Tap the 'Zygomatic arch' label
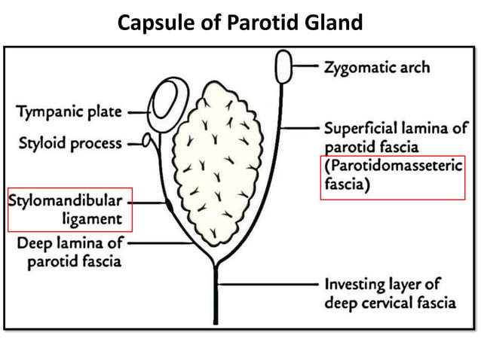click(x=377, y=67)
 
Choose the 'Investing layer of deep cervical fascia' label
click(x=390, y=294)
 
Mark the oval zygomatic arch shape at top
click(x=285, y=67)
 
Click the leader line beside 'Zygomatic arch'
click(x=307, y=66)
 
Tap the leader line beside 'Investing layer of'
click(x=268, y=285)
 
